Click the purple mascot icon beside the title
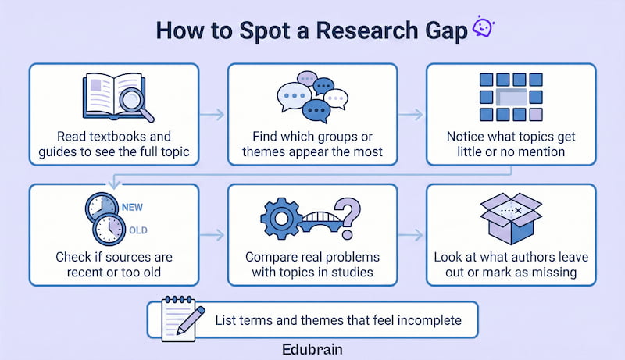coord(484,28)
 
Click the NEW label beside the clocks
coord(133,209)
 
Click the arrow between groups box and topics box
coord(412,114)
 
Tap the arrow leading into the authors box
coord(412,233)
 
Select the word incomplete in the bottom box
coord(428,319)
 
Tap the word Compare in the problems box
coord(267,256)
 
